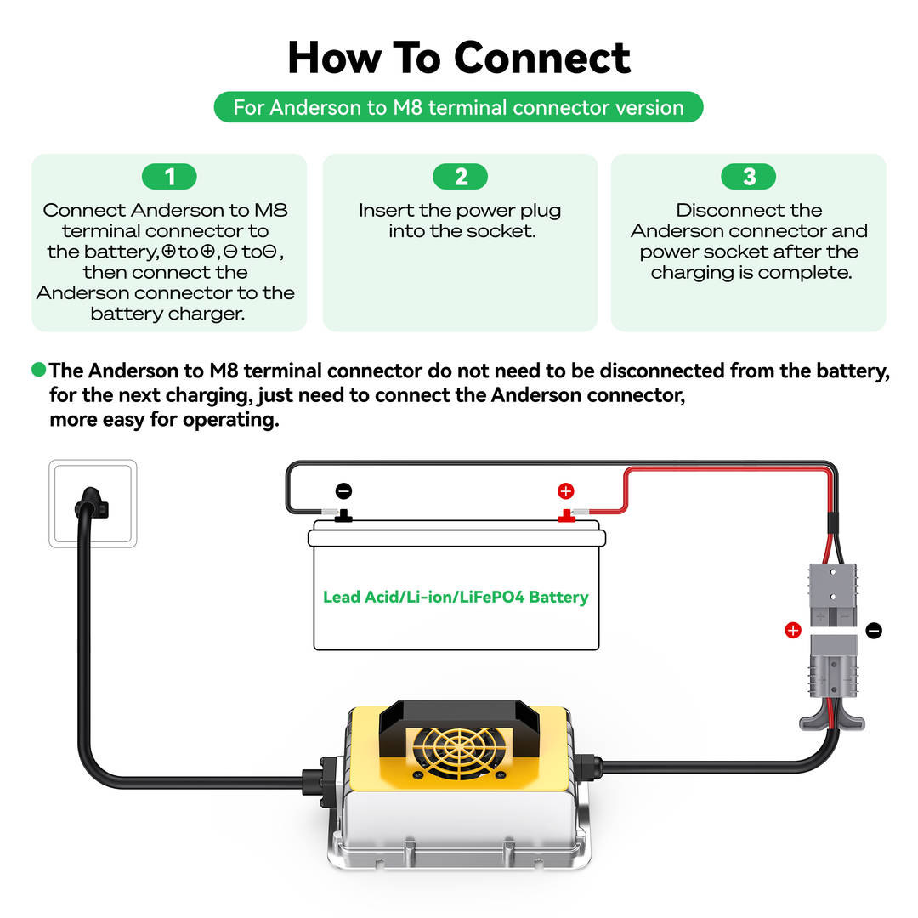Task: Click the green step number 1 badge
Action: pyautogui.click(x=170, y=177)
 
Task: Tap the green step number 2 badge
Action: pyautogui.click(x=461, y=177)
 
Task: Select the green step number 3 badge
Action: pyautogui.click(x=749, y=177)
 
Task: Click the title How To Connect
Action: pyautogui.click(x=459, y=58)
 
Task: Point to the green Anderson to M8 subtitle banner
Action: pyautogui.click(x=459, y=108)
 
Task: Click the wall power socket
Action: pyautogui.click(x=93, y=503)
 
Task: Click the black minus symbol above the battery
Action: pyautogui.click(x=343, y=491)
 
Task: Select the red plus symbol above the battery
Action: pyautogui.click(x=565, y=491)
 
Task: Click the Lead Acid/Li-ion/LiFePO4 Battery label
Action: pyautogui.click(x=456, y=597)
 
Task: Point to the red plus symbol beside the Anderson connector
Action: pyautogui.click(x=793, y=630)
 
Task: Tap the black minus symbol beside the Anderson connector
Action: pyautogui.click(x=874, y=630)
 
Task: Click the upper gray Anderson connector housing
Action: pyautogui.click(x=833, y=595)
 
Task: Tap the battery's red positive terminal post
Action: pyautogui.click(x=564, y=515)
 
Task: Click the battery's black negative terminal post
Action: pyautogui.click(x=344, y=515)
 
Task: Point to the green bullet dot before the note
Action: pyautogui.click(x=38, y=371)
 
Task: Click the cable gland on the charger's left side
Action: pyautogui.click(x=315, y=779)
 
